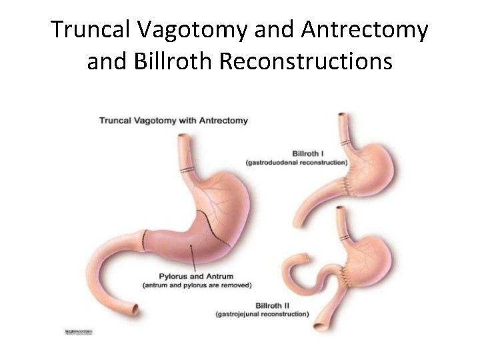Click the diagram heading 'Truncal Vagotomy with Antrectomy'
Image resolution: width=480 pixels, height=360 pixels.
click(x=173, y=121)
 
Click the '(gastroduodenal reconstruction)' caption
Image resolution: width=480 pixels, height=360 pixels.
click(x=296, y=162)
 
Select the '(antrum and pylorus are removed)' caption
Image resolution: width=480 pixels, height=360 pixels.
click(x=197, y=285)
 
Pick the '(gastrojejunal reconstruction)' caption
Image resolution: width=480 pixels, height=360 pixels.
click(x=262, y=313)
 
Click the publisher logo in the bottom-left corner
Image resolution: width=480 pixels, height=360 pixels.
click(x=79, y=331)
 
